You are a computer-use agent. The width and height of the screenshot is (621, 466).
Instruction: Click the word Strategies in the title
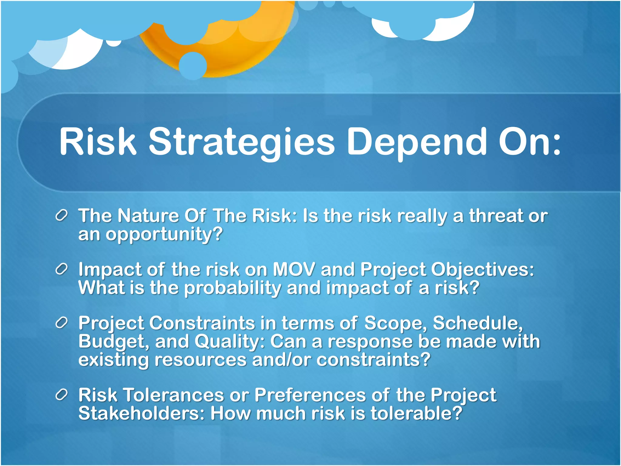click(x=242, y=142)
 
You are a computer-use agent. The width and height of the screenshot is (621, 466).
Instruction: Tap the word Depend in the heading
click(x=417, y=142)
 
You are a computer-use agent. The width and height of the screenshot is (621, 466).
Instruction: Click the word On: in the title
click(x=529, y=142)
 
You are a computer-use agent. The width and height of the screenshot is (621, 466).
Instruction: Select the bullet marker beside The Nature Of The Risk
click(x=62, y=216)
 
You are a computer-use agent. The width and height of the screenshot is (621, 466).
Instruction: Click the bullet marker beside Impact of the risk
click(x=62, y=270)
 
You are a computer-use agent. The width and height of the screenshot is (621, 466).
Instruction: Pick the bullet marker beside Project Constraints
click(x=62, y=323)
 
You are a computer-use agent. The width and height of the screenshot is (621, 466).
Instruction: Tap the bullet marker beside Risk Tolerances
click(x=62, y=395)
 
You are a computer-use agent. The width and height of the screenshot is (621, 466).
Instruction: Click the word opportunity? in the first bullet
click(x=164, y=235)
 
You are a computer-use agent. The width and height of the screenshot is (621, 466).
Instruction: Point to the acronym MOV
click(x=294, y=269)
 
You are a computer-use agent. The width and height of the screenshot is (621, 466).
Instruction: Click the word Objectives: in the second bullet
click(x=482, y=269)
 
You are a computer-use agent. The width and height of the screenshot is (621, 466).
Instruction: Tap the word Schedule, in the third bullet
click(x=478, y=323)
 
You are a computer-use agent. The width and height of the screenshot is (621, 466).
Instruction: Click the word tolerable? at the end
click(x=416, y=414)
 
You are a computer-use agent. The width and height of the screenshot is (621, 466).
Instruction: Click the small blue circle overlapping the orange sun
click(x=193, y=66)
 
